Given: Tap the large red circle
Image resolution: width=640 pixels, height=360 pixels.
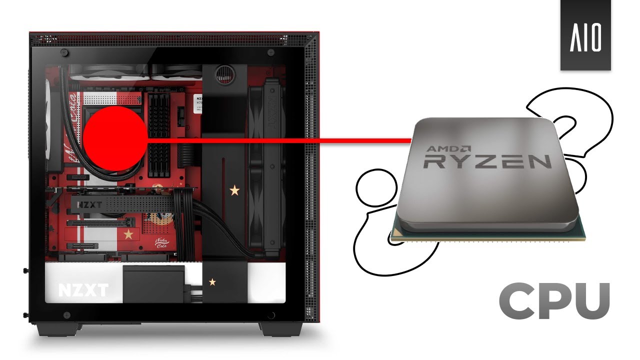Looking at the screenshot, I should (x=114, y=138).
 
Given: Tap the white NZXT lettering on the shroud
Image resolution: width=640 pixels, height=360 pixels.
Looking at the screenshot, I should (x=83, y=290).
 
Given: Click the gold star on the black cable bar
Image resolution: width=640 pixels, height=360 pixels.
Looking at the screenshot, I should (x=233, y=190).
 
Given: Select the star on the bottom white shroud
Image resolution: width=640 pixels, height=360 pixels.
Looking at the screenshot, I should (x=212, y=282).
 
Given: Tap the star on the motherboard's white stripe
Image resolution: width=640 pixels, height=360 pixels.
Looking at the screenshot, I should (x=128, y=234).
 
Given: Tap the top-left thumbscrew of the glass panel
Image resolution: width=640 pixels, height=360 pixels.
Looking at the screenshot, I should (x=65, y=52).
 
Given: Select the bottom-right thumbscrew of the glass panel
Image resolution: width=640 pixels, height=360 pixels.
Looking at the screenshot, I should (x=271, y=315).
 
